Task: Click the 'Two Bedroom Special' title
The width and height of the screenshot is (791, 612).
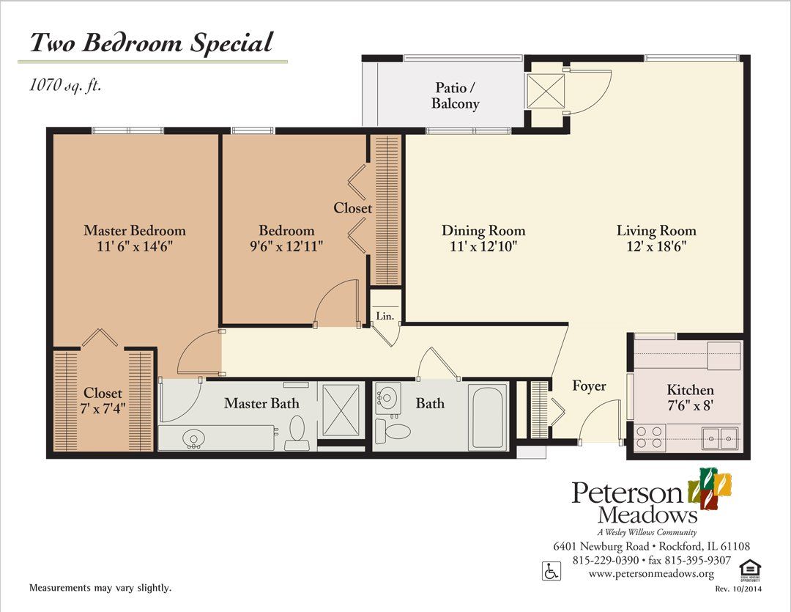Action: click(x=150, y=43)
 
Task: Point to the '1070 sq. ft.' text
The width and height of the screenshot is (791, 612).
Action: click(x=65, y=85)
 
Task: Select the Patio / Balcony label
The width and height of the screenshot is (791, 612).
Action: click(x=456, y=95)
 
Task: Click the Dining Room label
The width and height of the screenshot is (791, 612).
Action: click(x=483, y=231)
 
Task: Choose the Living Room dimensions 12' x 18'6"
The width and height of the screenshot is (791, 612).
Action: click(x=656, y=247)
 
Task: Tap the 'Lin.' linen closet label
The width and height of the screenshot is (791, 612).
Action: click(x=385, y=317)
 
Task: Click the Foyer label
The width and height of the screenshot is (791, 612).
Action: click(x=589, y=386)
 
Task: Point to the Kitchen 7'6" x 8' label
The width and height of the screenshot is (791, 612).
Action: click(x=690, y=398)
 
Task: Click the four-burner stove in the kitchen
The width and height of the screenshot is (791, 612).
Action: click(x=650, y=438)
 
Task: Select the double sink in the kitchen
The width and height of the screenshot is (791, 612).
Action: click(x=719, y=438)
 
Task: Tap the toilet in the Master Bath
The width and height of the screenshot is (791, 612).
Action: click(x=297, y=433)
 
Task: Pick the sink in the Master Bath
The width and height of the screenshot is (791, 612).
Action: click(x=194, y=440)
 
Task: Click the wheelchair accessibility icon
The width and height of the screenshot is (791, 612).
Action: click(x=549, y=569)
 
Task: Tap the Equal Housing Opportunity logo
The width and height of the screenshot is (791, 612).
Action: click(x=748, y=569)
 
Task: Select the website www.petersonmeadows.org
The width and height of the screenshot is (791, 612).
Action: click(x=651, y=574)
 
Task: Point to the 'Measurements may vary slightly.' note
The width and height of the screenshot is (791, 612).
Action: click(x=100, y=588)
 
